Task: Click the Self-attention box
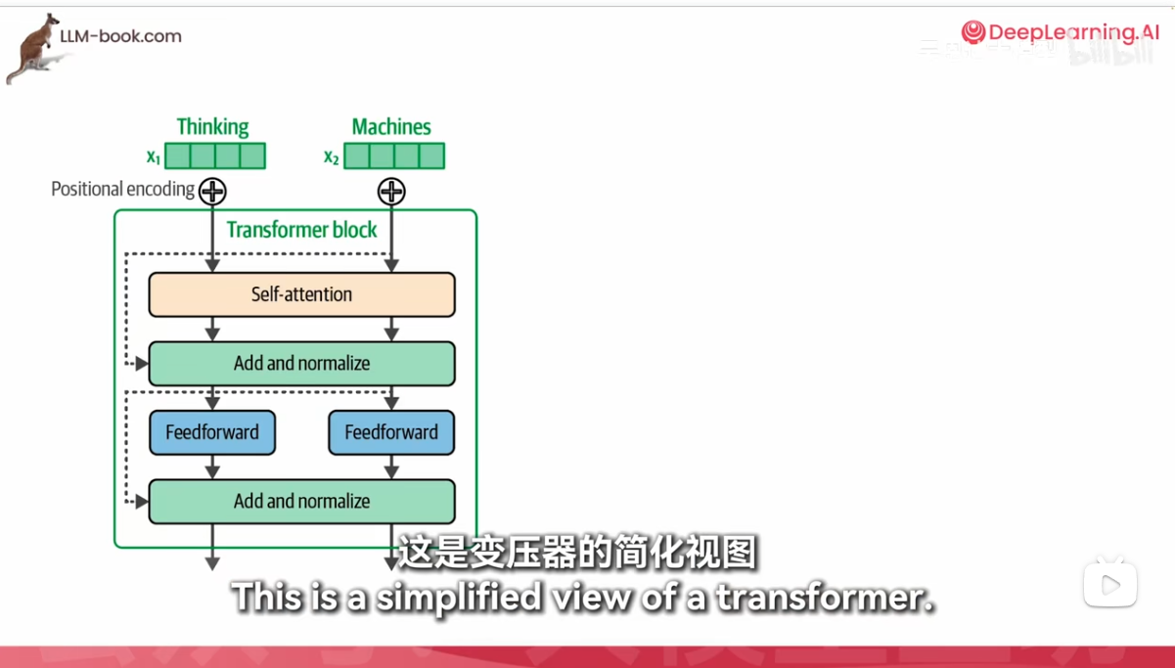[301, 294]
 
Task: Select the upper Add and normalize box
[301, 364]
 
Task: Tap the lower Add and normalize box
[301, 502]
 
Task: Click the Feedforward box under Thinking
[212, 432]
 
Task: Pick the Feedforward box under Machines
[391, 432]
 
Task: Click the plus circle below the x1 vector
[212, 191]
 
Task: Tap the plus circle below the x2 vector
[391, 191]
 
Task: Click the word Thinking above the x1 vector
[212, 127]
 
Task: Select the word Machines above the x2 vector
[391, 127]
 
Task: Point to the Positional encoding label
[122, 189]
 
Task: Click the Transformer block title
[301, 230]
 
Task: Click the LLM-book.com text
[120, 36]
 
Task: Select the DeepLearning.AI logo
[1061, 32]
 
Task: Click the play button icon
[1110, 585]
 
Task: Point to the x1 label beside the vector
[153, 156]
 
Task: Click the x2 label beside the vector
[332, 156]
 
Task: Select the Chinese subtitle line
[577, 554]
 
